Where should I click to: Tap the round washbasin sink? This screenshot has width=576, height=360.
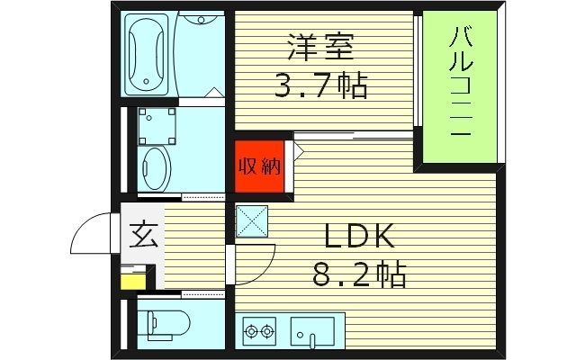click(157, 166)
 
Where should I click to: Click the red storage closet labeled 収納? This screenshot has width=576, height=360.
click(260, 166)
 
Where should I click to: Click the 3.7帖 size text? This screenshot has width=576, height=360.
click(319, 87)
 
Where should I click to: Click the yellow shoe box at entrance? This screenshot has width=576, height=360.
click(131, 281)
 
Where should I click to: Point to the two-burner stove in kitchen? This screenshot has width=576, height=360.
click(259, 331)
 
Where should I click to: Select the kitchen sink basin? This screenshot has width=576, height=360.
click(311, 330)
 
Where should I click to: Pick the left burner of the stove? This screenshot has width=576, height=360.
click(250, 332)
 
